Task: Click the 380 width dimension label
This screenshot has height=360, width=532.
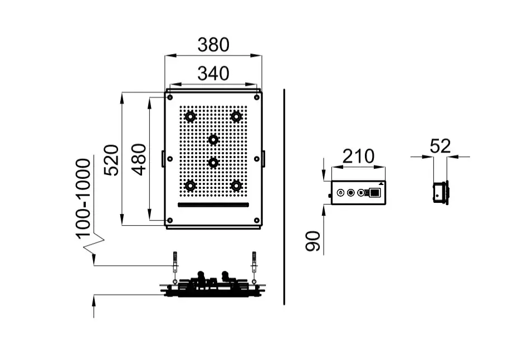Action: (x=213, y=45)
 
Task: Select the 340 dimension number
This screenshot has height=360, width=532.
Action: (x=213, y=73)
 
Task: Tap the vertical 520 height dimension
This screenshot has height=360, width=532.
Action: (x=111, y=160)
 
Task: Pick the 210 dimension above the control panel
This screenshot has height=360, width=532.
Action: (x=358, y=157)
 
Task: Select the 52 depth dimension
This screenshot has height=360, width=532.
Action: (x=440, y=147)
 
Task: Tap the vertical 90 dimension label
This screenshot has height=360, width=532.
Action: (x=314, y=241)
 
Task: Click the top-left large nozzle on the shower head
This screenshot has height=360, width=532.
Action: (x=191, y=116)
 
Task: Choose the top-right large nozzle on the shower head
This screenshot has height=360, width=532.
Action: (x=236, y=116)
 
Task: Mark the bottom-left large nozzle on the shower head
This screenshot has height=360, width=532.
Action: (x=191, y=185)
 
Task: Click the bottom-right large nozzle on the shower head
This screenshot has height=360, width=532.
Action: (x=236, y=185)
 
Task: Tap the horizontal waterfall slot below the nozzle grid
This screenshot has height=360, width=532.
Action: (x=213, y=205)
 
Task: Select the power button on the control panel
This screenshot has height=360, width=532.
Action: (x=340, y=193)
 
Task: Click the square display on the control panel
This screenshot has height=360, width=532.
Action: (x=375, y=193)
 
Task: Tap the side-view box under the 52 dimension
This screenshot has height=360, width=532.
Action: (x=441, y=193)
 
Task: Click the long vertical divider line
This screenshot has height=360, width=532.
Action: (x=284, y=195)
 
